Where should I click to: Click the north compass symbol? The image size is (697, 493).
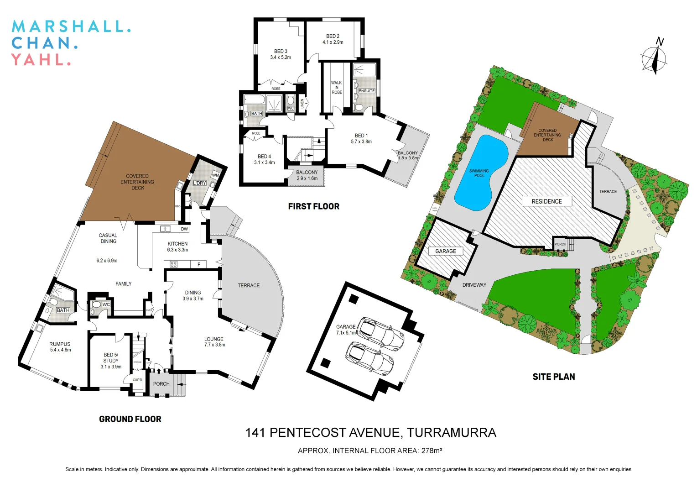655,58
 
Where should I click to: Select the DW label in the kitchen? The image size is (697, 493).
184,229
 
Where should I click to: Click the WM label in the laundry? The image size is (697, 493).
215,175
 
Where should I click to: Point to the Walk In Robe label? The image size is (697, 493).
337,88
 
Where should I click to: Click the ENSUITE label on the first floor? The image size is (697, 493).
366,91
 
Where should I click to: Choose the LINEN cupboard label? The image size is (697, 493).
302,104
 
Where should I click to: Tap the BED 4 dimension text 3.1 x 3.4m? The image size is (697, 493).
265,163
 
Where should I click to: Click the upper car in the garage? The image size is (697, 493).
380,333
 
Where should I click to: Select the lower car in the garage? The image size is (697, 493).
369,358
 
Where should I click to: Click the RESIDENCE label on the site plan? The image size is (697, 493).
546,201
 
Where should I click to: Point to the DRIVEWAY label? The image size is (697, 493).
474,285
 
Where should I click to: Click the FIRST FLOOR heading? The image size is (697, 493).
314,206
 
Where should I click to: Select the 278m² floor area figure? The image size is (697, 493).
432,451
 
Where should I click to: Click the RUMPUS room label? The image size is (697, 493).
60,344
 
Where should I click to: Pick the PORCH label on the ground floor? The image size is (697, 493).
161,384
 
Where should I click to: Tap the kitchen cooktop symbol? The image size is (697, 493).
173,264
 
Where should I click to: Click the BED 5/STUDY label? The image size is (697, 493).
111,357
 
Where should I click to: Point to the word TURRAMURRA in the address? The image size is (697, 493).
451,433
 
